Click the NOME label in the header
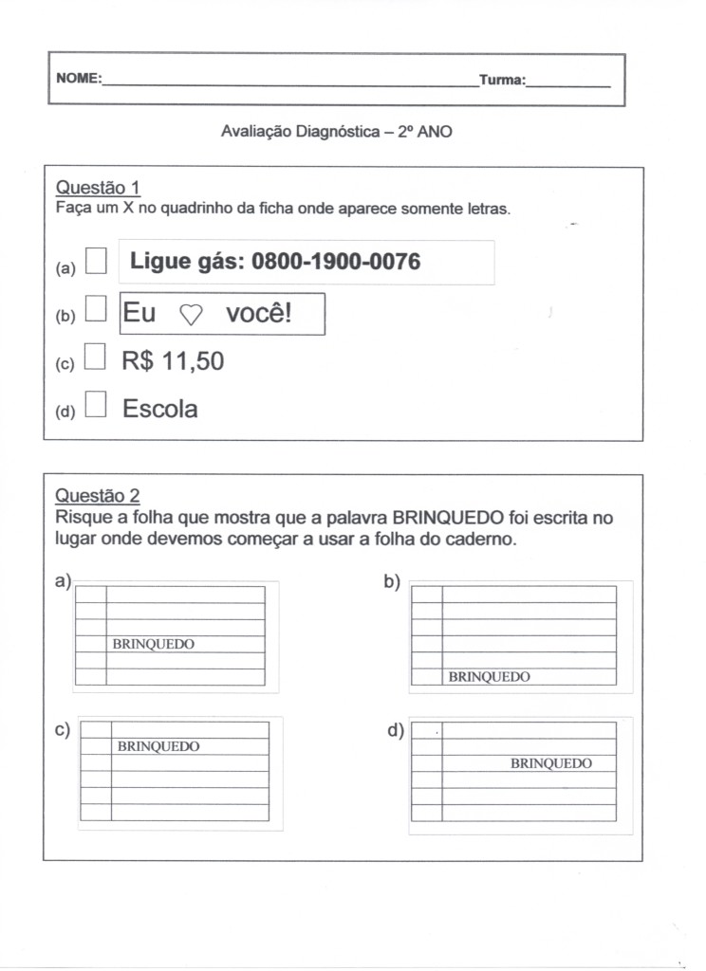[78, 80]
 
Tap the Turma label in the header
[501, 80]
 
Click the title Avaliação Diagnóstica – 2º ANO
[336, 133]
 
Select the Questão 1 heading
[98, 187]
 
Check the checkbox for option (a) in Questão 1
[96, 261]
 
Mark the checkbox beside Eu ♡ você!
[96, 309]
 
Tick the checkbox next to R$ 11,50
[96, 357]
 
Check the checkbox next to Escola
[96, 405]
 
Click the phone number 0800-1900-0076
[336, 262]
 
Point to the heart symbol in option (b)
[191, 317]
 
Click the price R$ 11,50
[173, 361]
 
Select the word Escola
[159, 409]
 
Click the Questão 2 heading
[98, 494]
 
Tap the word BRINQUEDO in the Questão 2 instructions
[448, 519]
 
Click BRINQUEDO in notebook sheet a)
[153, 644]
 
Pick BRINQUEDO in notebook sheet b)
[489, 677]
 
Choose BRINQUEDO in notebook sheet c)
[158, 746]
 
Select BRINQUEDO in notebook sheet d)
[550, 763]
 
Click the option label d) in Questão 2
[395, 730]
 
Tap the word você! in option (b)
[259, 314]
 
